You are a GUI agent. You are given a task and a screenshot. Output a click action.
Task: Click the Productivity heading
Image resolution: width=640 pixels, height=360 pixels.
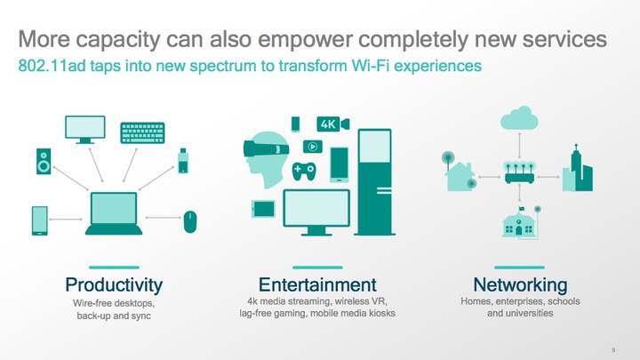pos(114,285)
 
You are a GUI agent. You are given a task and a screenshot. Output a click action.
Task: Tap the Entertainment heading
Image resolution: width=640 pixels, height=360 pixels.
pos(317,284)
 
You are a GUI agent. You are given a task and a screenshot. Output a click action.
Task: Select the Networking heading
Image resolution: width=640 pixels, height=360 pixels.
pos(520,285)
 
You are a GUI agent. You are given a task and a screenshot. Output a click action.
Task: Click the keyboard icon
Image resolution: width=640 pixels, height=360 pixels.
pos(142,133)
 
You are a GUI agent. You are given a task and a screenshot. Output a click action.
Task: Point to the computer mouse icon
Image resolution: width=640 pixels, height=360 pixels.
pos(190,222)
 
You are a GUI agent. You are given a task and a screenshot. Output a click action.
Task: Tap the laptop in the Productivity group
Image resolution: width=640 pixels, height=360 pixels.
pos(114,213)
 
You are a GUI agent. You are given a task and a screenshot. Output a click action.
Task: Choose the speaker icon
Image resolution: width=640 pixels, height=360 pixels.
pos(44,162)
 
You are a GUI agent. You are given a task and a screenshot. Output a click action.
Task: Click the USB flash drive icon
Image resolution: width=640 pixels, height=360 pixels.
pos(183,161)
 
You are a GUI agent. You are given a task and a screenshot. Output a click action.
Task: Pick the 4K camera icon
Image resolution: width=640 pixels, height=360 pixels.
pos(333,124)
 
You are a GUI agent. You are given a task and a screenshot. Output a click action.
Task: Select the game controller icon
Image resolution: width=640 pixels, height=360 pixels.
pos(304,172)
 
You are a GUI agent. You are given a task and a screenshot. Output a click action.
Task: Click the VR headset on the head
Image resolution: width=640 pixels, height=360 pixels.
pos(266,149)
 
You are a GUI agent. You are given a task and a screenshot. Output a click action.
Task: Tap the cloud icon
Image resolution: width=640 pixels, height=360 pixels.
pos(519,117)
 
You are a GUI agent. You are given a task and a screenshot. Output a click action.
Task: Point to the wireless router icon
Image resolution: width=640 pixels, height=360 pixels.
pos(519,172)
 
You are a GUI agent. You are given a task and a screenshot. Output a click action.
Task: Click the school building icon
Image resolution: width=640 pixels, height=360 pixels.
pos(518,222)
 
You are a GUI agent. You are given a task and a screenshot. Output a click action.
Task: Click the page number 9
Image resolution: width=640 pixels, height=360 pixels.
pos(613,350)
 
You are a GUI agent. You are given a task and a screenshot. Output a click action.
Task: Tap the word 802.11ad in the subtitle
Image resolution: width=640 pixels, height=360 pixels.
pos(52,66)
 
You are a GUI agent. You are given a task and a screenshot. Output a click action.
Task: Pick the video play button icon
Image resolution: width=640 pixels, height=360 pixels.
pos(313,147)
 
